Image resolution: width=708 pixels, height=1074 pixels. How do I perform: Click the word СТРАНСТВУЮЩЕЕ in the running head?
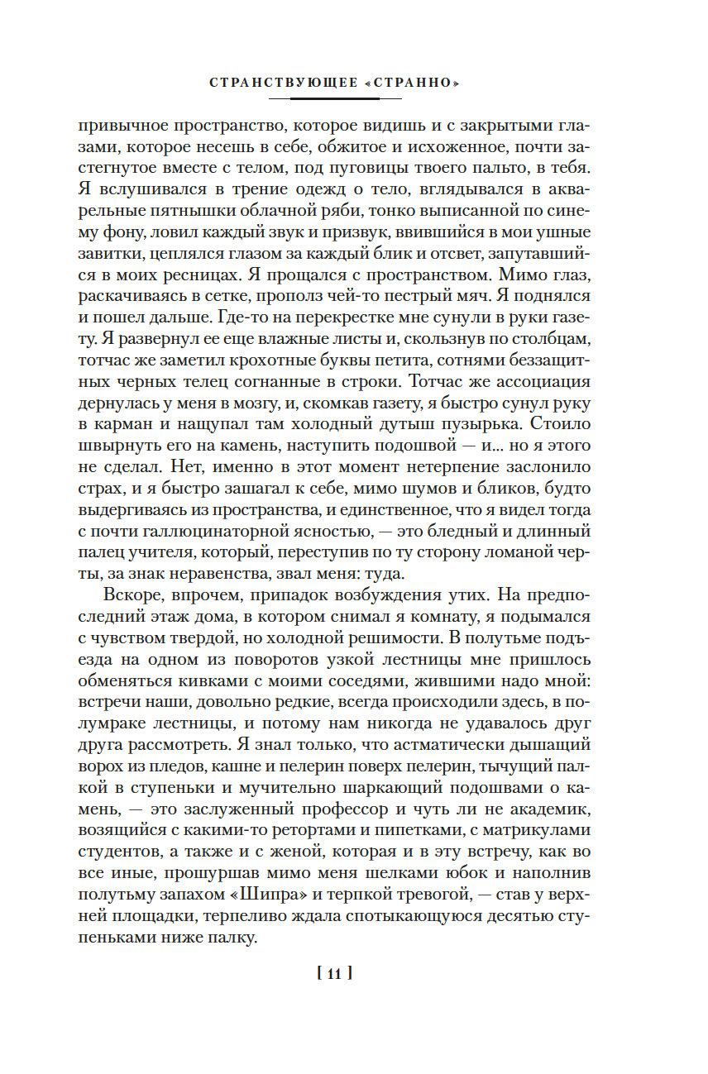tap(280, 84)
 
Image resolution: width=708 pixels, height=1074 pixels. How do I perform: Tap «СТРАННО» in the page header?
tap(409, 84)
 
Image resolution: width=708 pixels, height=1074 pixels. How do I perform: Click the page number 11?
tap(334, 973)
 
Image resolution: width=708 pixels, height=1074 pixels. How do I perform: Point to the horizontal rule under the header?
tap(334, 99)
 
